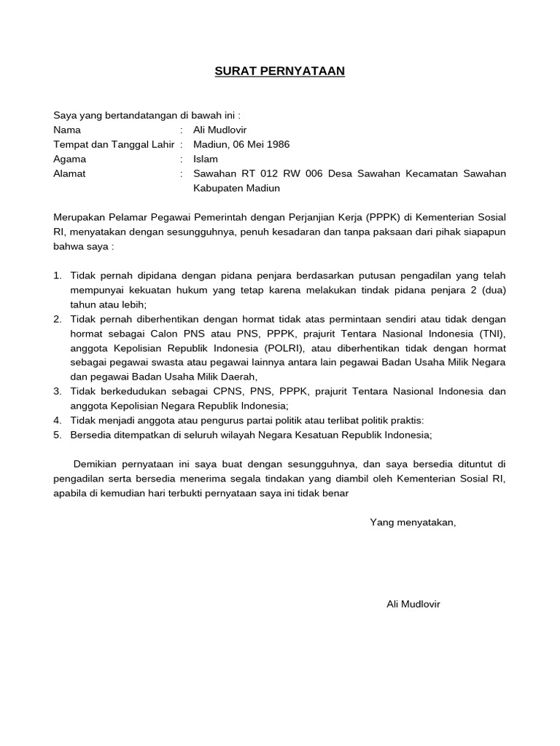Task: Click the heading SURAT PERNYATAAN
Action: point(279,71)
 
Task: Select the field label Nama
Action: point(67,130)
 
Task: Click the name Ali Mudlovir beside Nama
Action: point(220,130)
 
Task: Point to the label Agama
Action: point(69,159)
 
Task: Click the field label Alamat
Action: point(69,173)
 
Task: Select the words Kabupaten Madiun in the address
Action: point(236,188)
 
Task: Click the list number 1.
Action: point(58,275)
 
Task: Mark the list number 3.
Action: point(58,391)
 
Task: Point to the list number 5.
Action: point(58,435)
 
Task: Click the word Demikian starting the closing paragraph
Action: point(98,464)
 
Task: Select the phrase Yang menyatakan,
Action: point(413,522)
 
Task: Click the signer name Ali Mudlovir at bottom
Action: point(413,604)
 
